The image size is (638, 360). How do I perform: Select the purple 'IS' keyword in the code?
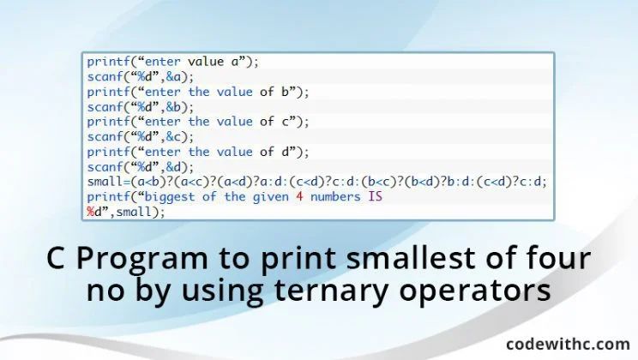coord(376,197)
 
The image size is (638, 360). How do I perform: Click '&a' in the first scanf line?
coord(173,77)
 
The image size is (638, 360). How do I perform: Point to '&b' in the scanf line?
coord(173,107)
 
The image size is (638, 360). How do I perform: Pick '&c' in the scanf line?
coord(173,137)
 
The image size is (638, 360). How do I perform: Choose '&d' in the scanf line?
coord(173,167)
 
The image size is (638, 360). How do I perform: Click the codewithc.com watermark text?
coord(568,344)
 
